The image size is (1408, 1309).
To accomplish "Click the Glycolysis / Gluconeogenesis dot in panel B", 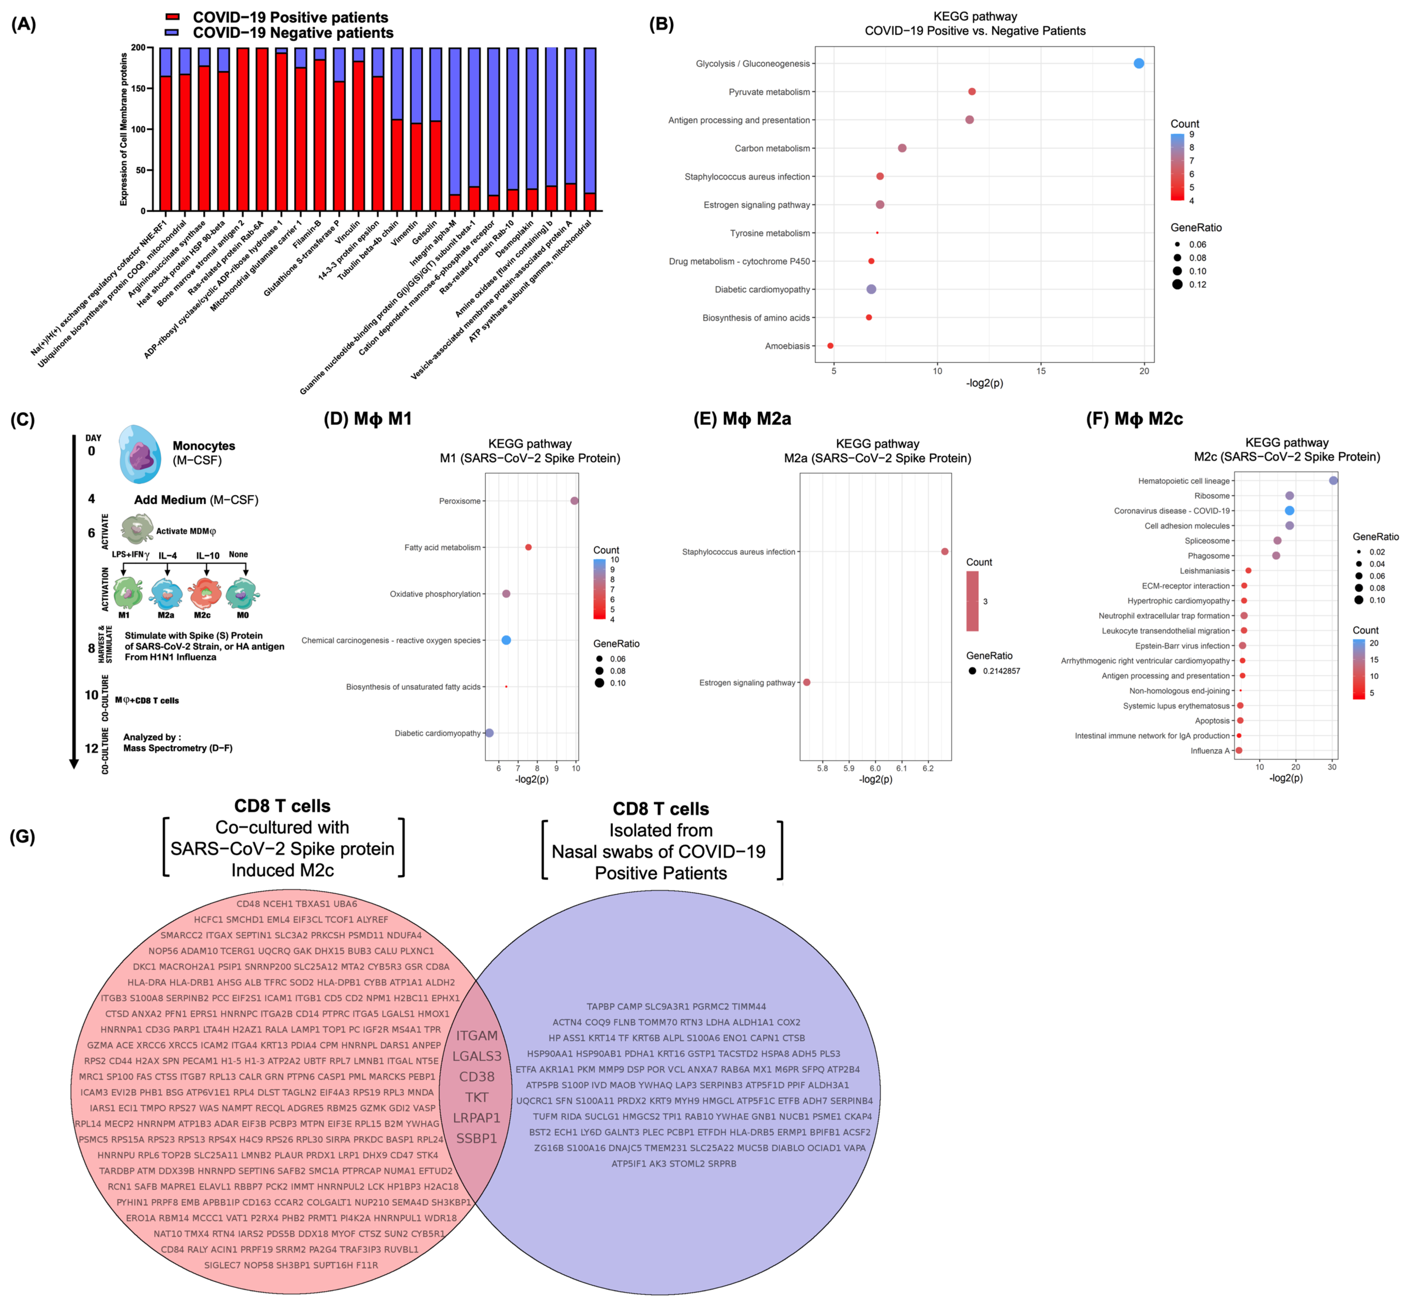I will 1138,64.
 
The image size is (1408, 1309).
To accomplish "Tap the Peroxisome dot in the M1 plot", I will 574,501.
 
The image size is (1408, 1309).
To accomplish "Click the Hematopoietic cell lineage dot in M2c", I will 1334,480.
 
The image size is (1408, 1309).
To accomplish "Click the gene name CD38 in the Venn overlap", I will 477,1077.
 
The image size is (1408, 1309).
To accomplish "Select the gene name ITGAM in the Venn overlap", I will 477,1036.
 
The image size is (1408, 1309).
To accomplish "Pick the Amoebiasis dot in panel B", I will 830,346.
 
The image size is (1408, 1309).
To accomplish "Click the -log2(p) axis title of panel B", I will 984,383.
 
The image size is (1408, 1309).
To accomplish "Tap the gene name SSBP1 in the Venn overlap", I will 477,1138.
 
